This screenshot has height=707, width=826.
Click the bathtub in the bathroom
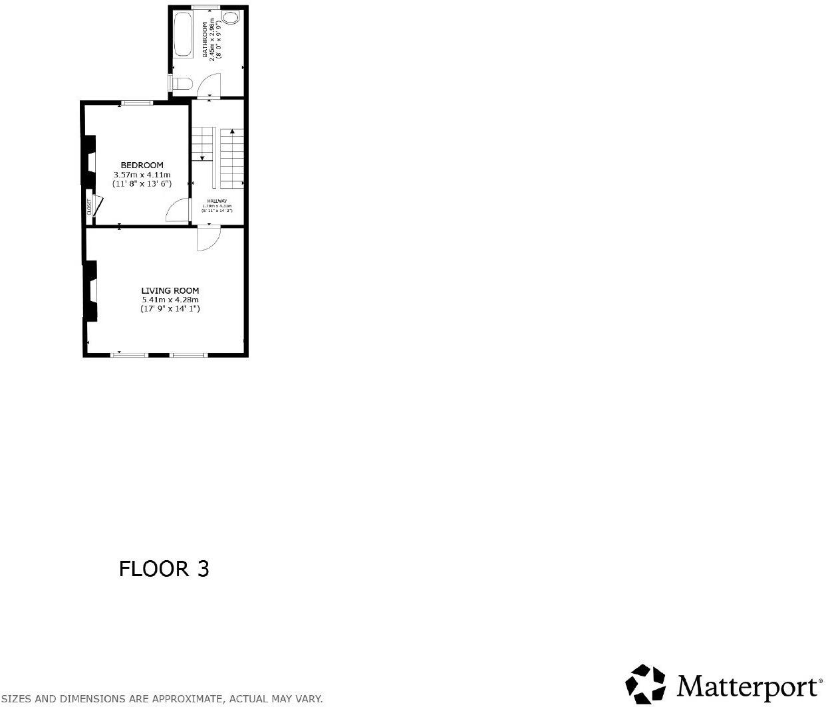point(182,33)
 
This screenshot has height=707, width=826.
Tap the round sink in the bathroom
point(231,18)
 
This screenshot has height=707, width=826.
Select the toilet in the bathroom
point(182,83)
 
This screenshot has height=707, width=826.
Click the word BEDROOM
point(142,165)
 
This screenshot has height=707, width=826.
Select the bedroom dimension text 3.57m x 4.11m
point(142,175)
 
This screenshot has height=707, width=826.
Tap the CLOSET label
point(88,207)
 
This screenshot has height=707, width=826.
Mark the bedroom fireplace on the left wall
point(88,161)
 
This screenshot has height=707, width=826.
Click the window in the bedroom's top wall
point(136,102)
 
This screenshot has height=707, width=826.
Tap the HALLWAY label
point(217,201)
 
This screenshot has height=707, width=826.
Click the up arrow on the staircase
point(231,133)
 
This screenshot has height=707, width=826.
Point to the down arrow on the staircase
point(202,157)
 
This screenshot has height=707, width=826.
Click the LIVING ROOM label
point(170,290)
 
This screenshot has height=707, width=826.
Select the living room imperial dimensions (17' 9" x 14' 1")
point(170,309)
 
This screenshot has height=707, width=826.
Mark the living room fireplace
point(90,290)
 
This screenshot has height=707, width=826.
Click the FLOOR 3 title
point(164,569)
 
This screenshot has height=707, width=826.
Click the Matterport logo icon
point(646,683)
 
